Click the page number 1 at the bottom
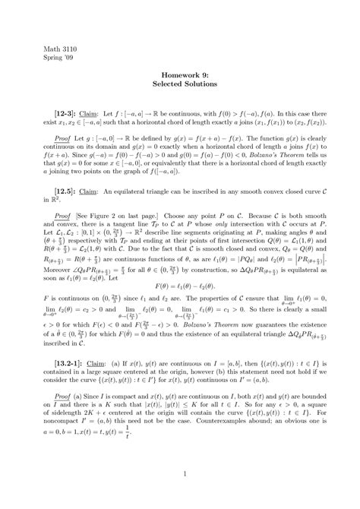click(179, 475)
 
